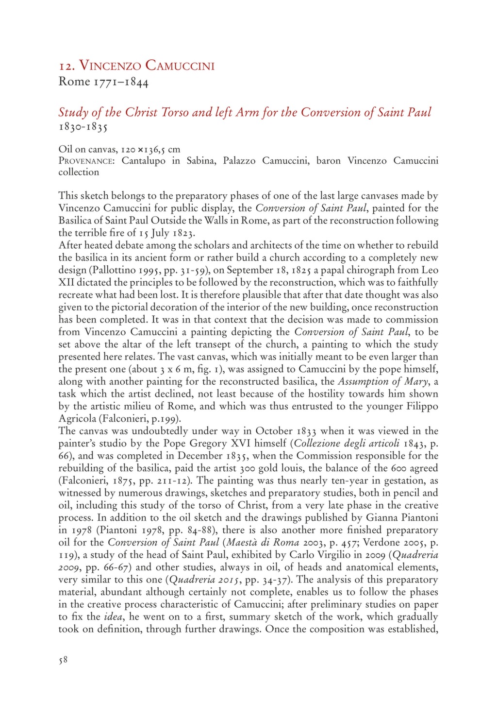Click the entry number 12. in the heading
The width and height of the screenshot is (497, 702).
pos(66,66)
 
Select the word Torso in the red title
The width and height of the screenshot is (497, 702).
pos(175,112)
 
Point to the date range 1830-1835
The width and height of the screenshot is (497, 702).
pos(83,127)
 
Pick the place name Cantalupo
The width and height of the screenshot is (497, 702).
pos(144,160)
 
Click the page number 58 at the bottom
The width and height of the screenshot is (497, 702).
pos(63,660)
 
